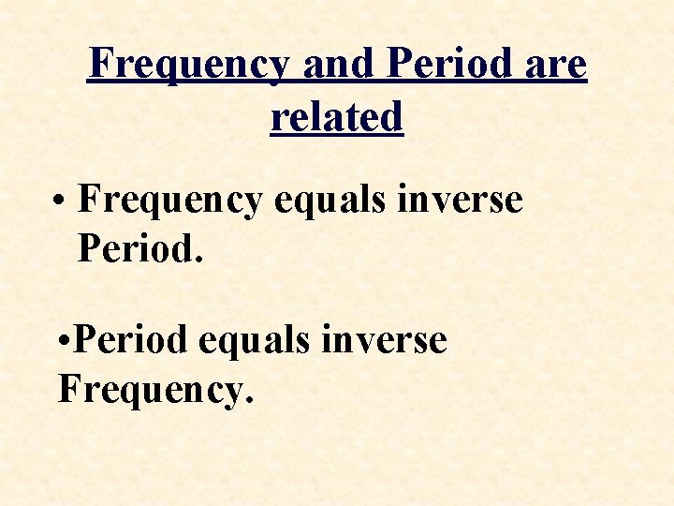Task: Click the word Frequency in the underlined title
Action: [x=188, y=66]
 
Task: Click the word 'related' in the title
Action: [x=337, y=118]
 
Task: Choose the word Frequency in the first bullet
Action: [x=170, y=201]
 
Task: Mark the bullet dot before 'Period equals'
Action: [x=61, y=342]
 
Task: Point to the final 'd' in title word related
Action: [x=392, y=118]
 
